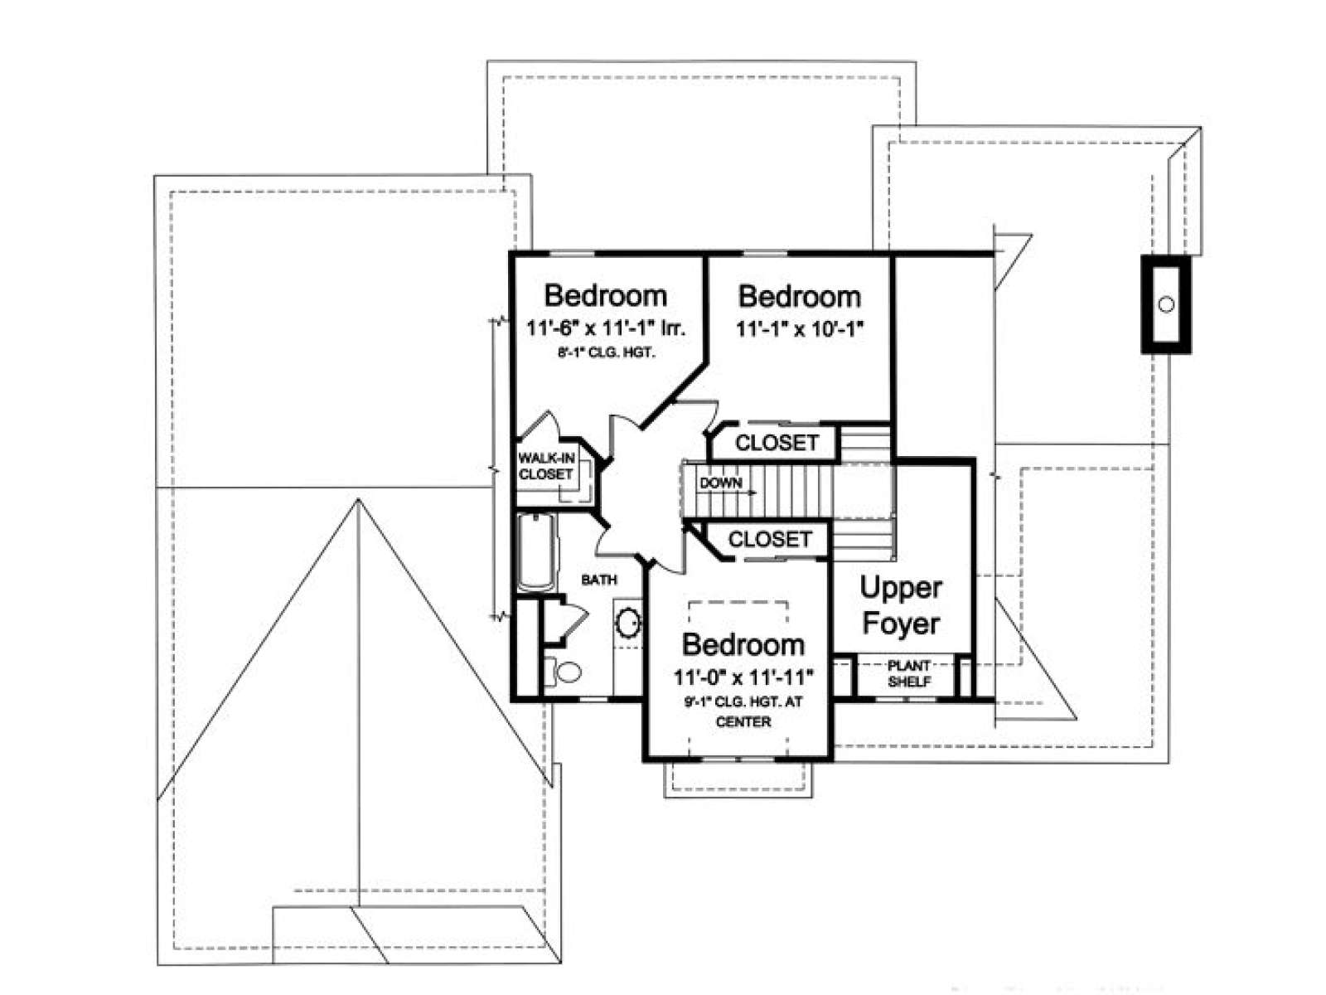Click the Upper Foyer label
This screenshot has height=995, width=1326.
(x=901, y=606)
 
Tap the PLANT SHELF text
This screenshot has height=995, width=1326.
(x=908, y=673)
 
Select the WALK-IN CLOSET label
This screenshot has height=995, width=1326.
(x=545, y=466)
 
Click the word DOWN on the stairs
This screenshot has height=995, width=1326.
(x=720, y=483)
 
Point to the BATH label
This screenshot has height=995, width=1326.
(x=598, y=580)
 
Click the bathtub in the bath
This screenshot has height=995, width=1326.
(x=536, y=551)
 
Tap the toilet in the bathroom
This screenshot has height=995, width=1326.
(x=564, y=671)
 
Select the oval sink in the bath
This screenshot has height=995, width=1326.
(x=628, y=622)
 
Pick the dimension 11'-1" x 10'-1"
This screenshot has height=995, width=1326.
(x=799, y=328)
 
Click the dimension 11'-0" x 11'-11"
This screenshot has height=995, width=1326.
(x=743, y=677)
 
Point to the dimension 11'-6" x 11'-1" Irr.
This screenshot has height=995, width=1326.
(x=605, y=328)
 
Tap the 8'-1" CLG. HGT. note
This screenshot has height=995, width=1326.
(x=606, y=353)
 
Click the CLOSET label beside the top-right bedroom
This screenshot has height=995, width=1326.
(x=777, y=442)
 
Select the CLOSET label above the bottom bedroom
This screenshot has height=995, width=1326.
(x=770, y=539)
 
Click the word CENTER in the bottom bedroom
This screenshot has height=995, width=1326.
(x=743, y=722)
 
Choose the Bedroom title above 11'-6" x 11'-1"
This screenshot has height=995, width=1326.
(x=605, y=295)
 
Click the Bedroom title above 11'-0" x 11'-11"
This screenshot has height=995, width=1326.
(x=743, y=645)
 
